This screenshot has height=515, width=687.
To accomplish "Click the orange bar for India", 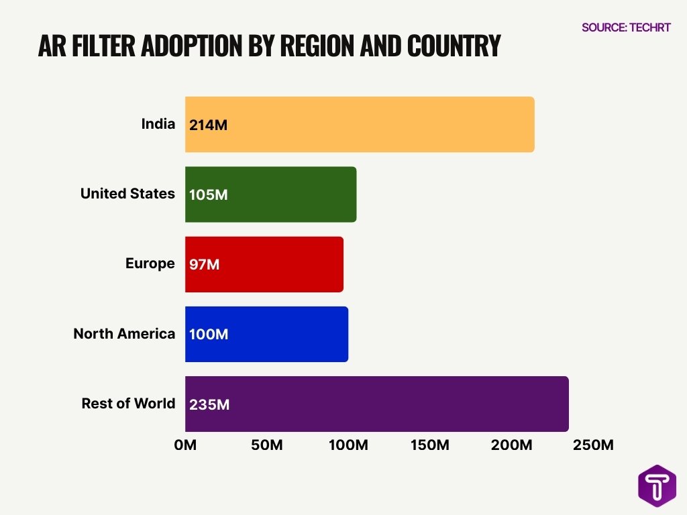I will (x=360, y=125).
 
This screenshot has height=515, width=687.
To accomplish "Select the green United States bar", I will (x=271, y=194).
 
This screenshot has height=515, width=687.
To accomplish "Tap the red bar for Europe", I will (x=264, y=264).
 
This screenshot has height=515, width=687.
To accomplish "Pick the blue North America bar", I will (x=267, y=334).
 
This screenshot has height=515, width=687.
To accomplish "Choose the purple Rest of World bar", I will (x=377, y=404).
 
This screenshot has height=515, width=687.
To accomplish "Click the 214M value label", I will (x=209, y=125).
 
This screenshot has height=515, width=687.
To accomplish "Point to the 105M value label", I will (x=209, y=194).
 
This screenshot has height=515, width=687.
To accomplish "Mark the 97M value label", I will (x=205, y=264).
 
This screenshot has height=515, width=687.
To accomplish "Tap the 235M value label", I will (x=209, y=404).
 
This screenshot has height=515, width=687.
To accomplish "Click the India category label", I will (x=158, y=124).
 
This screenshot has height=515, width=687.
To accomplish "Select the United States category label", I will (x=127, y=194).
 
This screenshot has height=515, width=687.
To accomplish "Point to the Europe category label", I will (x=150, y=264).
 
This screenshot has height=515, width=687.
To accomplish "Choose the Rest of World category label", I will (x=128, y=404).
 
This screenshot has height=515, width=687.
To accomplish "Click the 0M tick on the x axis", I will (x=185, y=445).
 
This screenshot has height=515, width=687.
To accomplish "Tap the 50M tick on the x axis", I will (x=267, y=445).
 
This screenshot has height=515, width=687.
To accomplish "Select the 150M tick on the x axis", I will (x=430, y=445).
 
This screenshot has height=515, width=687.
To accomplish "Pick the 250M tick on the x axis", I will (x=594, y=445).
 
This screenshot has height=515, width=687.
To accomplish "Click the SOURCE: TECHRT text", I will (x=626, y=27).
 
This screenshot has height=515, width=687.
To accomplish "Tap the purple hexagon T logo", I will (x=657, y=486).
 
